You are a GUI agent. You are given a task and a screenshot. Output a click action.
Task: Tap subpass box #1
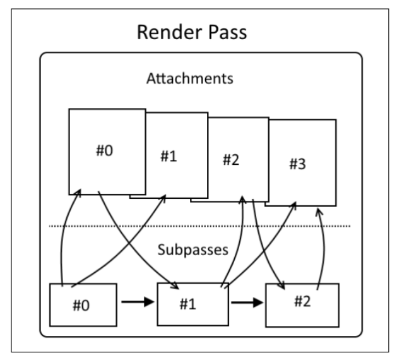pos(190,305)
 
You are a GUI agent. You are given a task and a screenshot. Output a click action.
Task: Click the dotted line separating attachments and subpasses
pos(199,225)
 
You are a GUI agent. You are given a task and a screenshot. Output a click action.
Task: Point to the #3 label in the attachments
pos(297,164)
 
